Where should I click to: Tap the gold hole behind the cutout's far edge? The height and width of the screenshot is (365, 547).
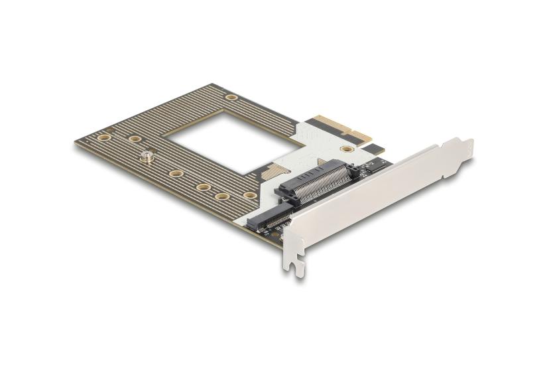click(x=231, y=98)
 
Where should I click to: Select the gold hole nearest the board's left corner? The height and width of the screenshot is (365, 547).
click(x=103, y=137)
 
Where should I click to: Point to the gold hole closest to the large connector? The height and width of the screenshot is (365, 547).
click(x=249, y=195)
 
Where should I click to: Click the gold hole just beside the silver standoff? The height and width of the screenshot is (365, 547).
click(x=134, y=139)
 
